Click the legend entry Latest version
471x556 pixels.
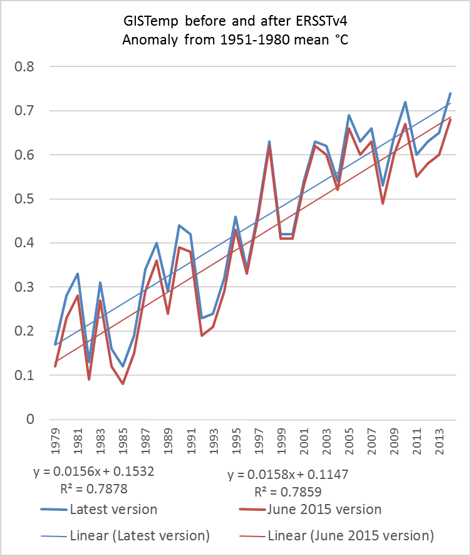[113, 509]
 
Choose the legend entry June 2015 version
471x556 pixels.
[323, 509]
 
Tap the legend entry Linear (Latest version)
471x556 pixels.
[140, 536]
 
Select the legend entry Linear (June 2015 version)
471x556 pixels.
[350, 536]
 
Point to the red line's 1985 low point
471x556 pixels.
[123, 384]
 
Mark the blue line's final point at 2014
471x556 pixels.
[450, 93]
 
